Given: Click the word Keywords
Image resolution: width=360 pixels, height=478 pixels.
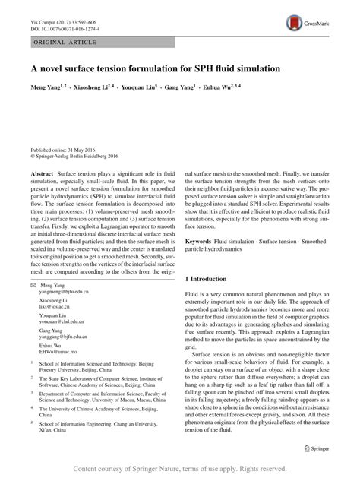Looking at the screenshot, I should [200, 240].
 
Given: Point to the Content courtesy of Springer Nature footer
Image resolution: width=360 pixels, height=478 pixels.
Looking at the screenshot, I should [180, 469].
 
